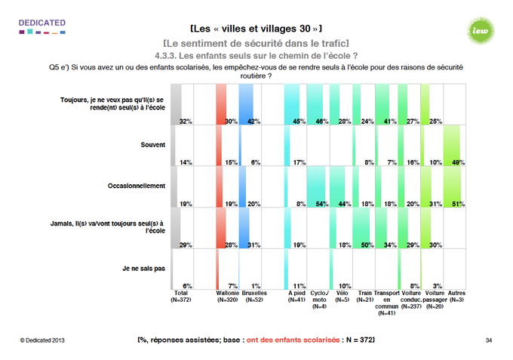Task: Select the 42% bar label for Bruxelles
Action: point(256,121)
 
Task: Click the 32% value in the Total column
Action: point(185,121)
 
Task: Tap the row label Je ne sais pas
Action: point(143,266)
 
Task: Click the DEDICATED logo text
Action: point(43,23)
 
